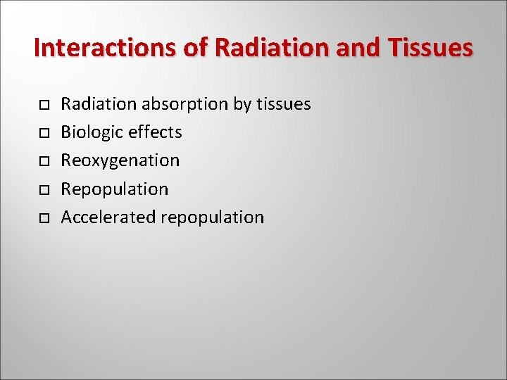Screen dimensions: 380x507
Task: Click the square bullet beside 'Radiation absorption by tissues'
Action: coord(43,105)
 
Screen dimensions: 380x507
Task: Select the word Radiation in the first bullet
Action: coord(99,104)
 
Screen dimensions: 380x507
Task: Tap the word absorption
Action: coord(185,105)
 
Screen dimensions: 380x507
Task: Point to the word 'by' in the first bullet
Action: coord(242,105)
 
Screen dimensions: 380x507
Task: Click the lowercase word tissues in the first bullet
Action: coord(283,104)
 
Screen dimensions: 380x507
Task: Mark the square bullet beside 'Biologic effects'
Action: coord(43,133)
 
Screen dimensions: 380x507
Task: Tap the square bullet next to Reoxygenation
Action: coord(43,161)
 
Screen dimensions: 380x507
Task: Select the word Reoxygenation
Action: coord(120,161)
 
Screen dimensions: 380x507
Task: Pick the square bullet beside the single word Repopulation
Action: coord(43,190)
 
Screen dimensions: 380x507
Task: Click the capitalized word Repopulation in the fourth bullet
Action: coord(115,190)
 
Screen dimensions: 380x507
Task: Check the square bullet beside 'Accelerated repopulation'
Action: coord(43,218)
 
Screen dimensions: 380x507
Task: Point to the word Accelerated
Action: coord(108,217)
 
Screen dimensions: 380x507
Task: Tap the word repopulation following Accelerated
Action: coord(213,218)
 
